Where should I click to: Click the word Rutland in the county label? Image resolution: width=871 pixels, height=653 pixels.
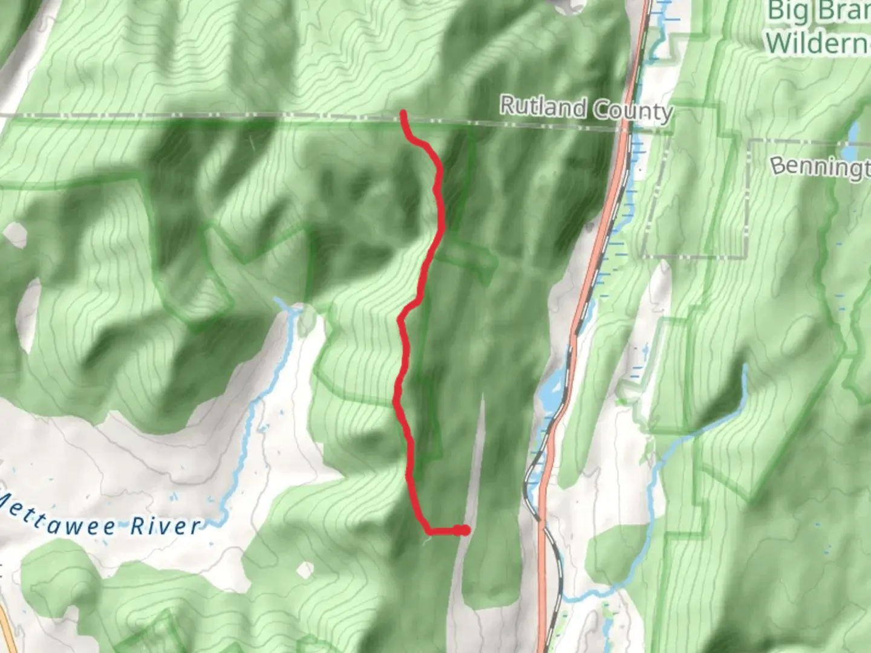pyautogui.click(x=543, y=107)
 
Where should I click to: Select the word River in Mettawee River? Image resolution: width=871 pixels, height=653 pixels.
pyautogui.click(x=165, y=526)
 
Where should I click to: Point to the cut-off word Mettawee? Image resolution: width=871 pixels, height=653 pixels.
pyautogui.click(x=57, y=518)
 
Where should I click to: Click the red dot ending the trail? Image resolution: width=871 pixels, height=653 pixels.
pyautogui.click(x=463, y=530)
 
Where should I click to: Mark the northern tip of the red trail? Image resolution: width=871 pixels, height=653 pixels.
pyautogui.click(x=402, y=112)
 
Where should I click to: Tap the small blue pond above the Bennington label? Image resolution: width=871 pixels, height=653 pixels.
pyautogui.click(x=853, y=132)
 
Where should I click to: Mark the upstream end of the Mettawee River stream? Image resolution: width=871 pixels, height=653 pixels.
pyautogui.click(x=279, y=299)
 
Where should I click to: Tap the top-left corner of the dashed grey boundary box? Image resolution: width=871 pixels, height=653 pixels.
pyautogui.click(x=750, y=142)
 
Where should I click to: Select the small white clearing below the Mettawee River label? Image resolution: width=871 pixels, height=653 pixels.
pyautogui.click(x=307, y=569)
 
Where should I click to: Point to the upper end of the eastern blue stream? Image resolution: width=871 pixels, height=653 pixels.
pyautogui.click(x=745, y=367)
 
